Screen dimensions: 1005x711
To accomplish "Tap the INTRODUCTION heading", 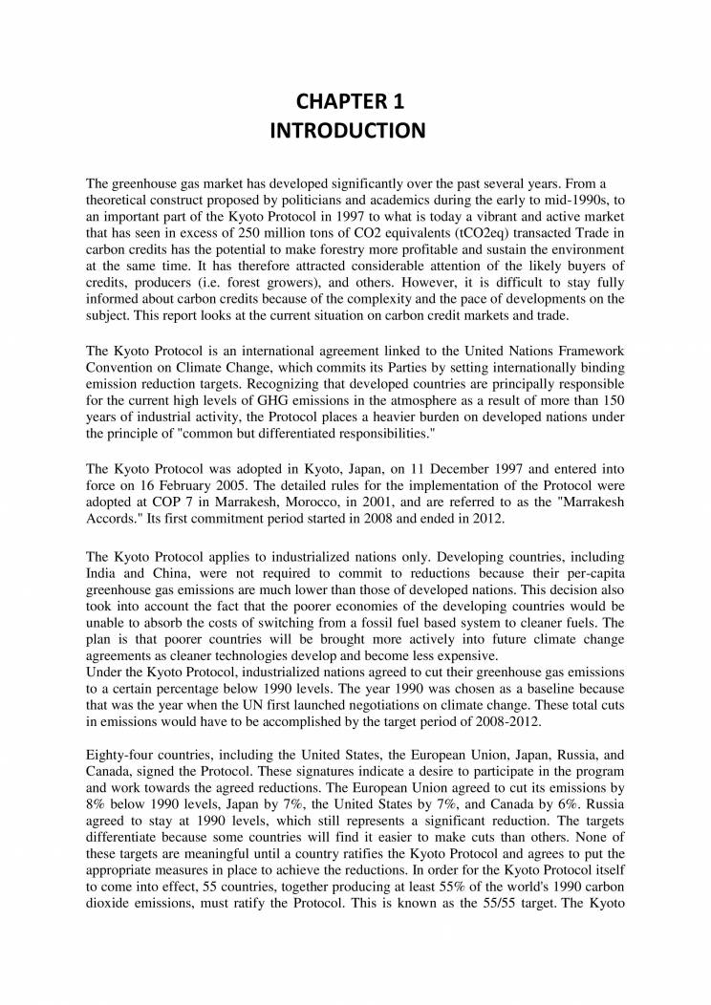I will click(355, 130).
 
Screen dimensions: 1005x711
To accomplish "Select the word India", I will click(102, 572).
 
